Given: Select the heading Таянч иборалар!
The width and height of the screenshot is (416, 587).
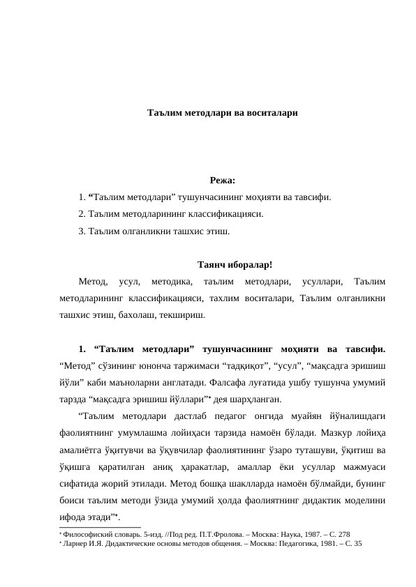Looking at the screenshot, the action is point(235,265).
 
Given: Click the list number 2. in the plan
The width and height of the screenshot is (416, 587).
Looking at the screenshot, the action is point(82,213).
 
